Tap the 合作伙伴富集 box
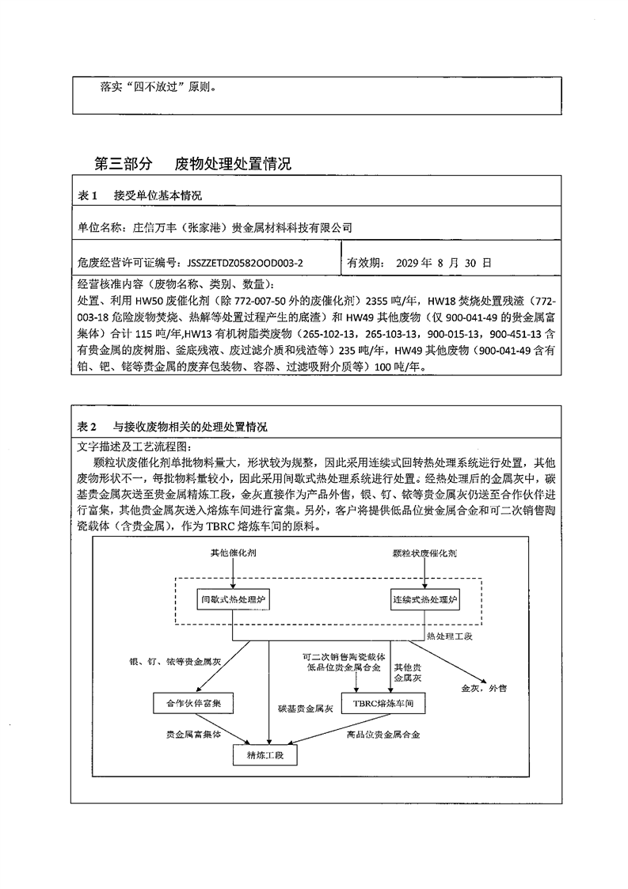click(193, 703)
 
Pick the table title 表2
click(88, 427)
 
